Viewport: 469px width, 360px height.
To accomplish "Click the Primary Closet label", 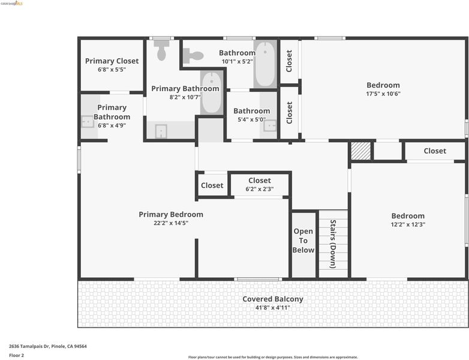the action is point(112,61).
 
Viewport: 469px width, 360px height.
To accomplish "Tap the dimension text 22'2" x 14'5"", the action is point(171,223).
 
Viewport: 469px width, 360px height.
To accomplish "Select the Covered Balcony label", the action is point(273,299).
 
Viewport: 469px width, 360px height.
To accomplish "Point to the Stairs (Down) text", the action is point(333,244).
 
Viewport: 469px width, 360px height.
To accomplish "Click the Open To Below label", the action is point(303,241).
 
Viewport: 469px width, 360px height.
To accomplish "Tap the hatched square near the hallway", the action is point(360,151).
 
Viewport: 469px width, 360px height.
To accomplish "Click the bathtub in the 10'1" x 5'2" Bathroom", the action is point(265,64).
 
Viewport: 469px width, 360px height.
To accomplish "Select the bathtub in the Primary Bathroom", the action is point(212,92).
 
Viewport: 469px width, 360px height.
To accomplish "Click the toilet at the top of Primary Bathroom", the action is point(161,50).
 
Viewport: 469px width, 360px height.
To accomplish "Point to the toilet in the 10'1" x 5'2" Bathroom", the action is point(193,56).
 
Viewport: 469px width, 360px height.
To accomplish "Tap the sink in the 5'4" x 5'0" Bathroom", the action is point(270,125).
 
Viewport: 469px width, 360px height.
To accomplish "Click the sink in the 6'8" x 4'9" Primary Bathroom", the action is point(88,121).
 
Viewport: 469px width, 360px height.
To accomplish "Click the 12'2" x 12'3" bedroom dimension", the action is point(408,224).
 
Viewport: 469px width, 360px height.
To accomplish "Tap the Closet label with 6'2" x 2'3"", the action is point(260,181).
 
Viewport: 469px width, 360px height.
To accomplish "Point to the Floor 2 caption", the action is point(16,356).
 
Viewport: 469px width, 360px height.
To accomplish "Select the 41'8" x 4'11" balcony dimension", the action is point(273,308).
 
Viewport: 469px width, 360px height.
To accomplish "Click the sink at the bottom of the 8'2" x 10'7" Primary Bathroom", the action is point(161,131).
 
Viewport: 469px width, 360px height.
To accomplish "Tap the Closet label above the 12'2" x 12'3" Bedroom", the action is point(435,151).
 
